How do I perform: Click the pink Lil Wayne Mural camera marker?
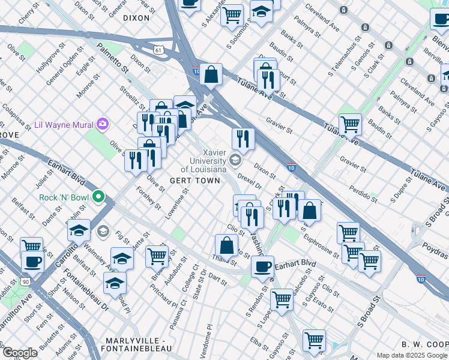pos(103,124)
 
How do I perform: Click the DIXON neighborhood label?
pos(136,18)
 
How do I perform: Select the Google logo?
pos(20,353)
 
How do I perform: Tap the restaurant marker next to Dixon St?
pos(243,138)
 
